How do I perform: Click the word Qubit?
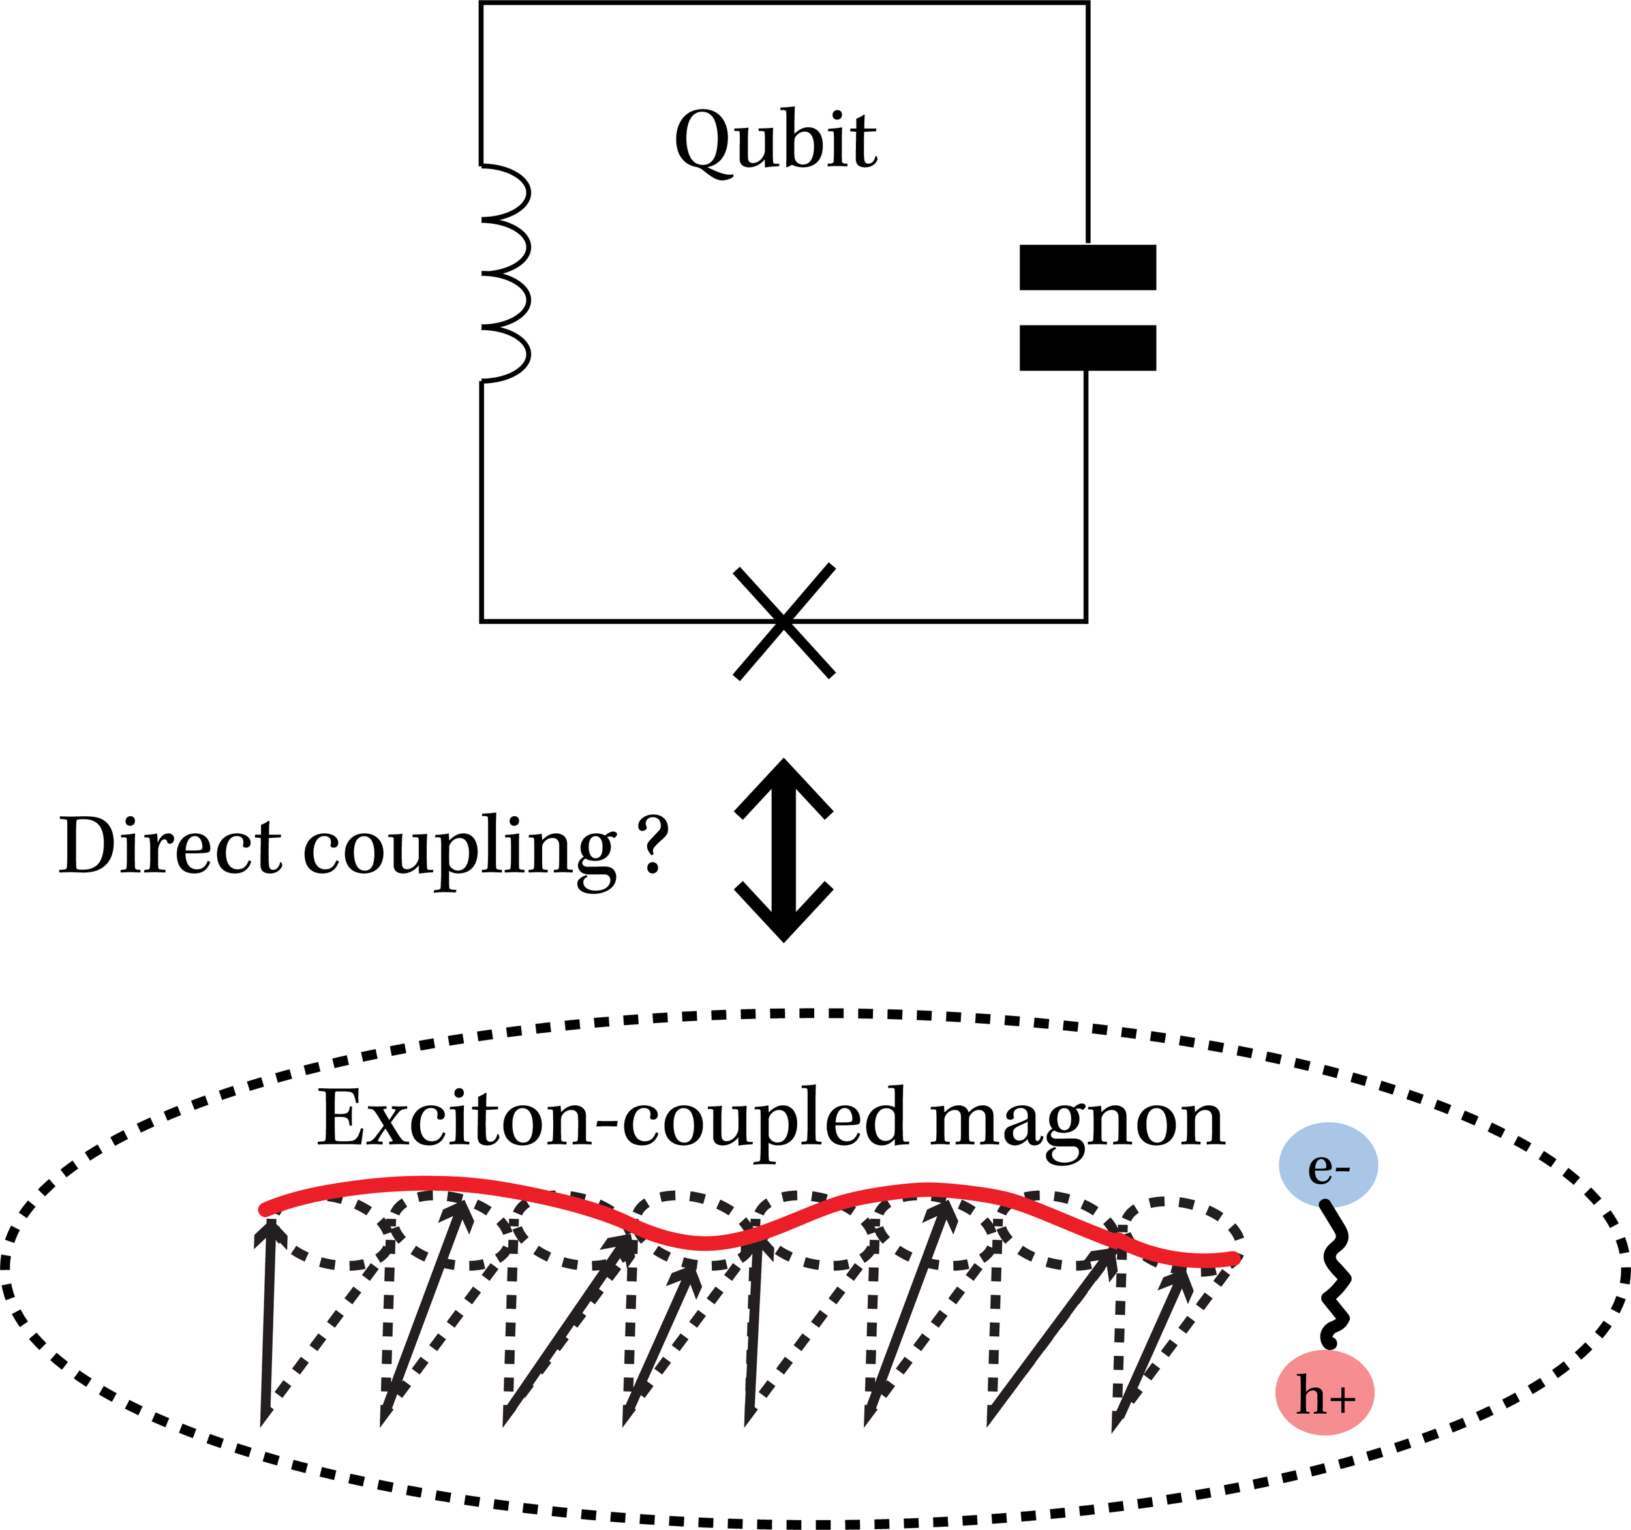[x=775, y=141]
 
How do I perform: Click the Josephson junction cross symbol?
[x=784, y=622]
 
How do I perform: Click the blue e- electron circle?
[x=1328, y=1165]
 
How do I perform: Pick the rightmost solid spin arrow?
[x=1152, y=1345]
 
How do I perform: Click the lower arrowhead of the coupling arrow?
[x=784, y=915]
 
